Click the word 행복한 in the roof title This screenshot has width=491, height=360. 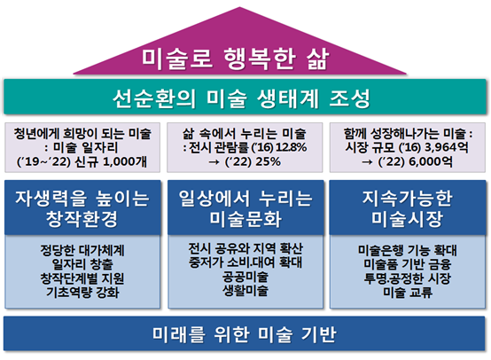point(260,59)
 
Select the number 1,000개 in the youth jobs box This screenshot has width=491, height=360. point(125,161)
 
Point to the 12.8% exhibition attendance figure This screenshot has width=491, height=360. point(292,147)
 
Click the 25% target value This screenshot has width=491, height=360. point(268,161)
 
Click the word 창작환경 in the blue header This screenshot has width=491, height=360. point(82,219)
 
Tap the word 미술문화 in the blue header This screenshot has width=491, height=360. point(245,219)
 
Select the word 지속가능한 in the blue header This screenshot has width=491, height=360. point(408,199)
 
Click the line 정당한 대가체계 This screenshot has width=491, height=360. point(82,250)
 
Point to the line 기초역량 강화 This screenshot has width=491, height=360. point(82,292)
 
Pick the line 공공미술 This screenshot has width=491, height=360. point(245,277)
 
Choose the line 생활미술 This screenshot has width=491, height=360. point(245,291)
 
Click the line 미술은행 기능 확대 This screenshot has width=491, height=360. point(408,250)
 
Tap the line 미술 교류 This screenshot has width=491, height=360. point(408,292)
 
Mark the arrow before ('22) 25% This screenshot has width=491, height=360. point(214,162)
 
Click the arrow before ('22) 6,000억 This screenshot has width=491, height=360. point(367,162)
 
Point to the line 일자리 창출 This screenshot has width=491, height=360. point(82,264)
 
